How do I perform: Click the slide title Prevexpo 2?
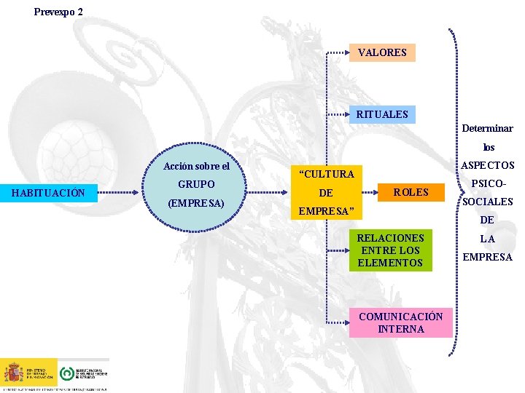point(58,12)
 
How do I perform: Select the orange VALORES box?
point(382,53)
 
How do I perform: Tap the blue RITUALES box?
point(382,115)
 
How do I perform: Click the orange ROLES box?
point(411,193)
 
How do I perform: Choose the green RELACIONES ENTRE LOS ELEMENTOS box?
point(390,250)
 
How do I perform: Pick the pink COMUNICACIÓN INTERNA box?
point(401,323)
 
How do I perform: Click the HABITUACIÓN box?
point(49,193)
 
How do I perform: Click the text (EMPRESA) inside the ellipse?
point(195,203)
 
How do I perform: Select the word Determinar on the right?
point(487,128)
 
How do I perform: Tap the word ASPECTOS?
point(488,166)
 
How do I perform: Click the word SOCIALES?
point(488,202)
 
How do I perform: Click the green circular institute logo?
point(66,373)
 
